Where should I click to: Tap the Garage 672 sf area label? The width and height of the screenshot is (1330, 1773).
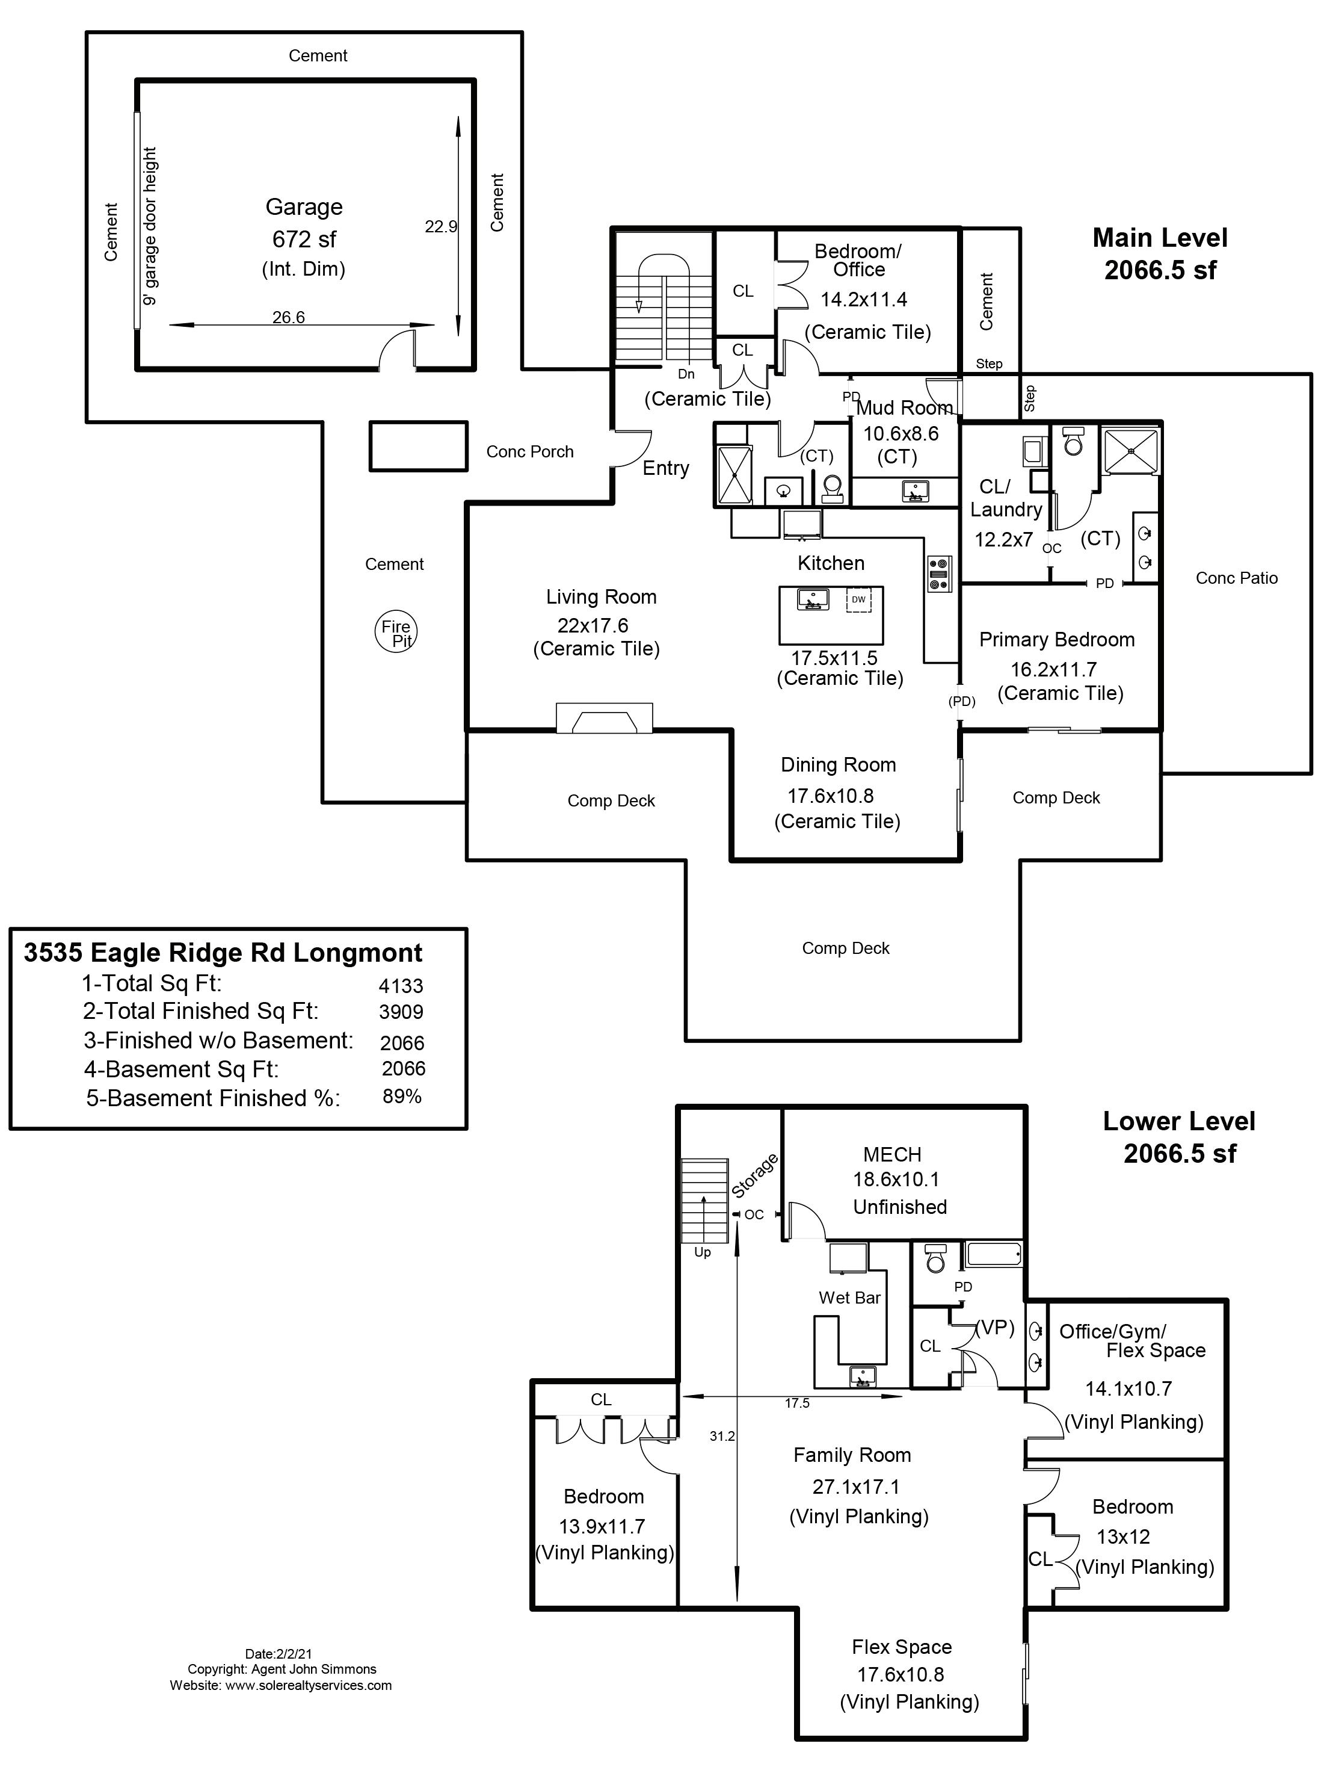coord(304,239)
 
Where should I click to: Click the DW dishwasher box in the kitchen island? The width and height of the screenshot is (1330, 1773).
coord(858,599)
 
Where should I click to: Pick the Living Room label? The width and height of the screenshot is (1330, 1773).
coord(601,597)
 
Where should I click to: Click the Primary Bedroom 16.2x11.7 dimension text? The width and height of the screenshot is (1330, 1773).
coord(1053,669)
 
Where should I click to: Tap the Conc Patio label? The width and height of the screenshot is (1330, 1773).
coord(1236,578)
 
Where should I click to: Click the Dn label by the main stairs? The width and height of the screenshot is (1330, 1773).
coord(686,374)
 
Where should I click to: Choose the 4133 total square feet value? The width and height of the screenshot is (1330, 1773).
coord(401,986)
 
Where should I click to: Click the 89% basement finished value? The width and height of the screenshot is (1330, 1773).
coord(401,1097)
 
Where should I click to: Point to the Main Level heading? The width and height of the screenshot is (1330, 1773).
coord(1159,238)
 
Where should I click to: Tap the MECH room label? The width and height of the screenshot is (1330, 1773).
coord(891,1154)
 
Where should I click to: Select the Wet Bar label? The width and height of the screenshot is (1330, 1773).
coord(849,1298)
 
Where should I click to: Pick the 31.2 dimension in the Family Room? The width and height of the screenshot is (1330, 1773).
coord(722,1437)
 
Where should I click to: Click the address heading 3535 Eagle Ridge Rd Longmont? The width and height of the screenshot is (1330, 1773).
coord(223,953)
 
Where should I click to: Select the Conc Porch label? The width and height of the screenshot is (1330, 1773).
coord(529,452)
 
